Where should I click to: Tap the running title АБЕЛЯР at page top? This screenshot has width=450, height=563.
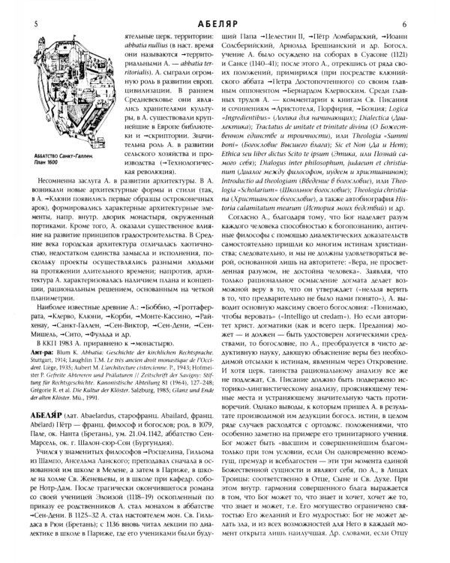[x=223, y=8]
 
